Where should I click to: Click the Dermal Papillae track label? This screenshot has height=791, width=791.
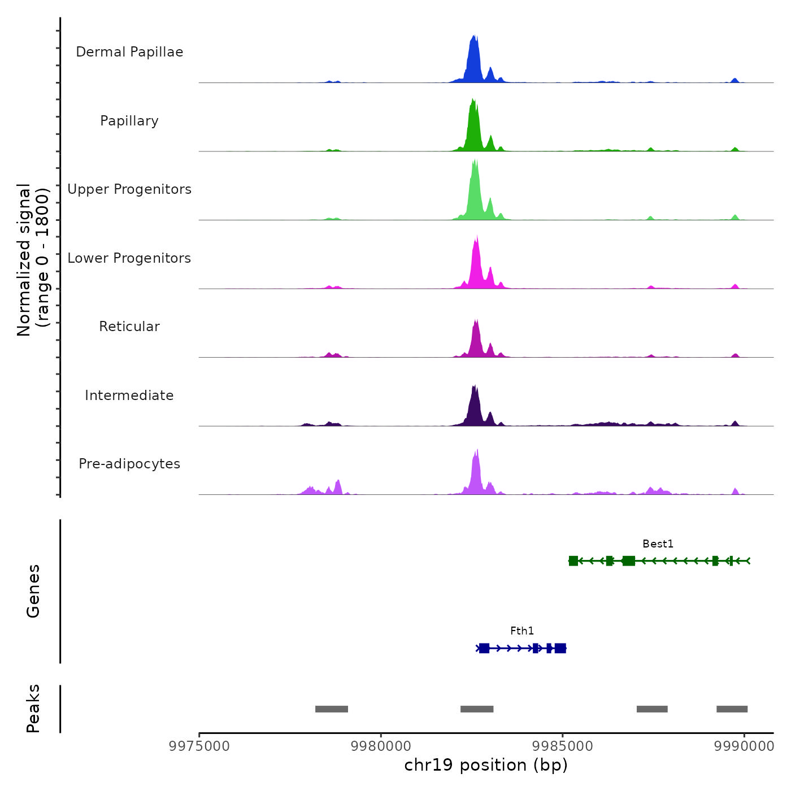129,52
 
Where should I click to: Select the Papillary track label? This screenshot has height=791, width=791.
129,121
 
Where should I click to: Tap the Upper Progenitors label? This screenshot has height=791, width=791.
129,189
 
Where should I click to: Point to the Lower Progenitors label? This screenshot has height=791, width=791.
129,258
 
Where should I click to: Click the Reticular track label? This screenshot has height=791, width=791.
129,327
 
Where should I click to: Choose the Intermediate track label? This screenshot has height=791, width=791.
129,395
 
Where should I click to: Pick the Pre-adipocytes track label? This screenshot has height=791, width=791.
129,464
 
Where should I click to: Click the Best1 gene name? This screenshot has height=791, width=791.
658,544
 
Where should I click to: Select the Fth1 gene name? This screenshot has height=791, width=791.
522,631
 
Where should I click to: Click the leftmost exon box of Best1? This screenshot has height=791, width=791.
573,561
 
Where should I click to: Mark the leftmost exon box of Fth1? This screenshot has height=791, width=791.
484,648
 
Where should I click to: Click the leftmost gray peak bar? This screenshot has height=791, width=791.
332,709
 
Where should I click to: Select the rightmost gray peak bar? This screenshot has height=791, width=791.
732,709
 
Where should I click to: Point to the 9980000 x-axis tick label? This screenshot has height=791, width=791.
381,746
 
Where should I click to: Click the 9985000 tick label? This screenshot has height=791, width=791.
563,746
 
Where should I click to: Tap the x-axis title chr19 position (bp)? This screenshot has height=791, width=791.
486,766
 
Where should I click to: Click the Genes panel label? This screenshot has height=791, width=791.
33,591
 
